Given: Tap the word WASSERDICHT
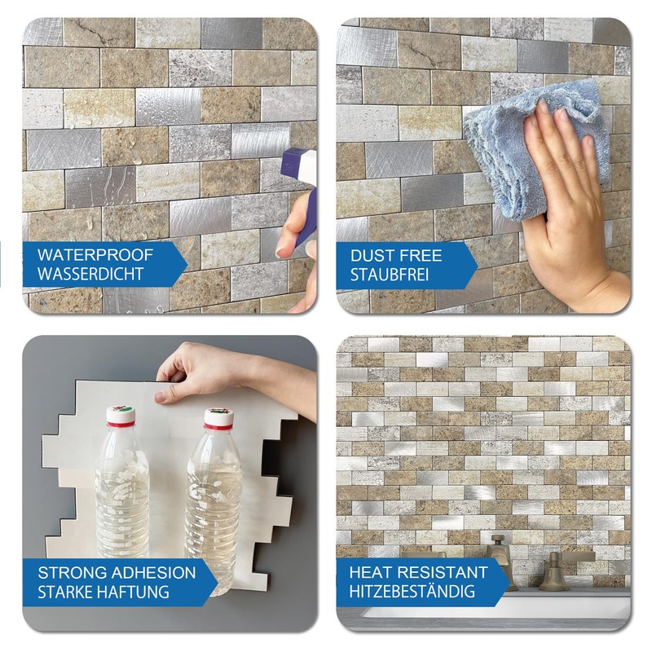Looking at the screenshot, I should click(90, 274).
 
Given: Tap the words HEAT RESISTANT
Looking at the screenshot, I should click(418, 572).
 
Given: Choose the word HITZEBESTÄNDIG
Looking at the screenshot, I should click(418, 591).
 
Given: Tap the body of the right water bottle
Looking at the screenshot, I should click(214, 505).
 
